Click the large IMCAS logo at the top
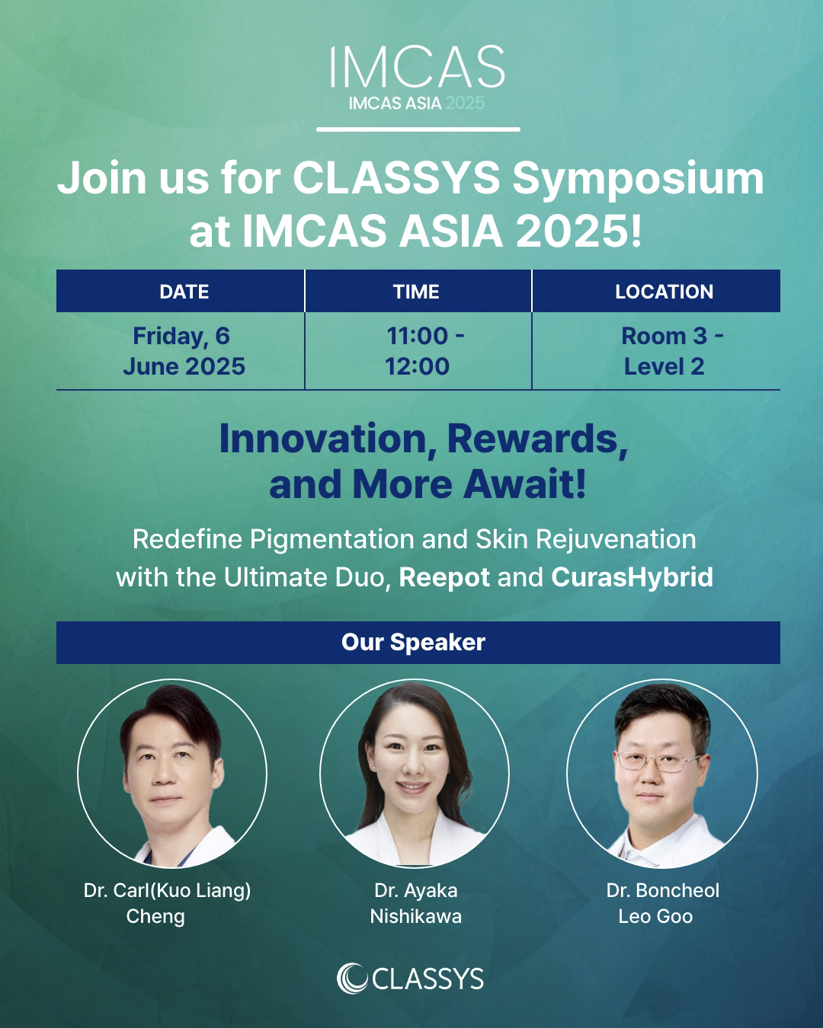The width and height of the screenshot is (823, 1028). [x=418, y=66]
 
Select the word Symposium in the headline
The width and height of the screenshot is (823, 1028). [x=639, y=180]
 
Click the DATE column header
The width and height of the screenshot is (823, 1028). [x=184, y=292]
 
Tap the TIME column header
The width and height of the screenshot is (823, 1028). [x=416, y=292]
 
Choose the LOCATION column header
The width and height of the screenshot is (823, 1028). [x=664, y=292]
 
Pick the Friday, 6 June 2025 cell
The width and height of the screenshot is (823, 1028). [x=184, y=351]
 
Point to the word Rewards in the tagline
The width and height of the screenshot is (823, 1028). [x=537, y=439]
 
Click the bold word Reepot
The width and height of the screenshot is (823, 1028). [x=444, y=578]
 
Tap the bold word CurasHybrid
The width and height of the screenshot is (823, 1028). [x=632, y=577]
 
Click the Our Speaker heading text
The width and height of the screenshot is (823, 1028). [x=413, y=643]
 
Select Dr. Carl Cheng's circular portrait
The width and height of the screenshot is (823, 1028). [x=172, y=774]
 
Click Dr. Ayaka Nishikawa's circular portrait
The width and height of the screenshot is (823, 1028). [x=414, y=774]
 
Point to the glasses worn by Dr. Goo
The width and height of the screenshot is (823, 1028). [x=659, y=762]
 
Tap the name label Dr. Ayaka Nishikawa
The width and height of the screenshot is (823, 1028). [x=416, y=904]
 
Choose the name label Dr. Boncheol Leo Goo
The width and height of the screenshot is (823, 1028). [x=662, y=904]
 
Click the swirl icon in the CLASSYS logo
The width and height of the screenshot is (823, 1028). [x=352, y=979]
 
